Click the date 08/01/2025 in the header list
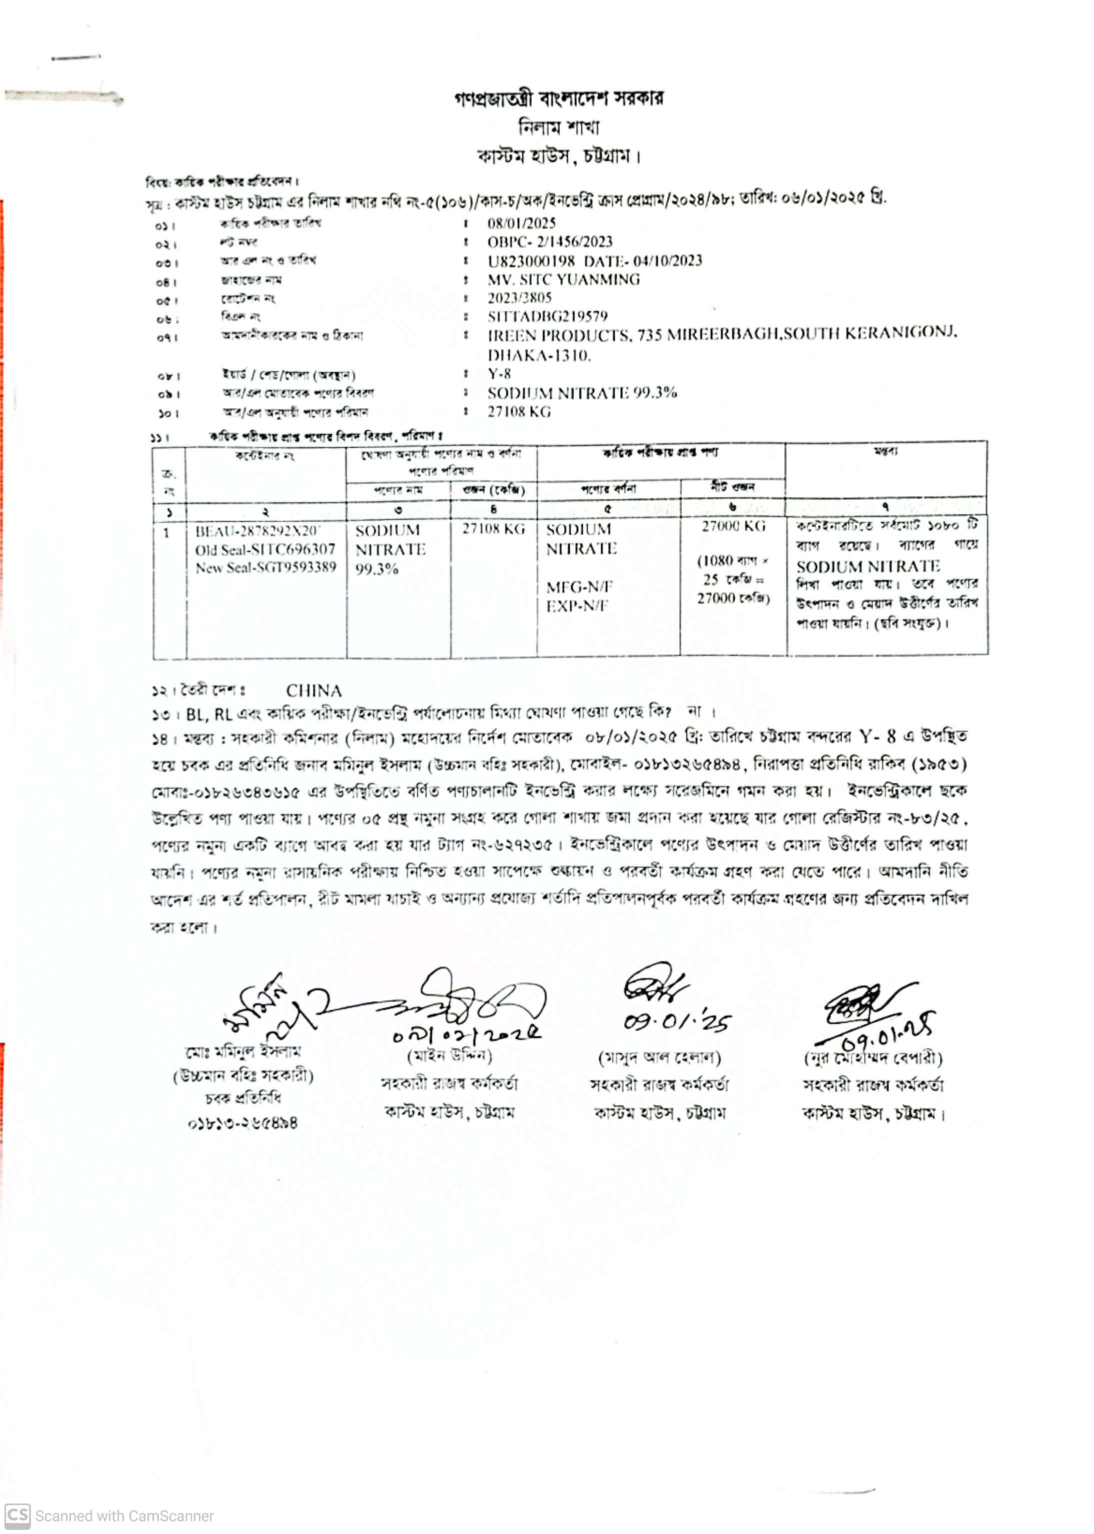click(521, 223)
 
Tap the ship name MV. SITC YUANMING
click(563, 279)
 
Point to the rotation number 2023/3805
click(519, 298)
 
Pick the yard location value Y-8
click(499, 374)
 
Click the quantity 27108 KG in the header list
click(519, 411)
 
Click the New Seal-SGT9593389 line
click(265, 567)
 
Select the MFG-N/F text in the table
click(579, 587)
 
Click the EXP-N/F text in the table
click(577, 606)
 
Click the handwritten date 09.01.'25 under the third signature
click(676, 1023)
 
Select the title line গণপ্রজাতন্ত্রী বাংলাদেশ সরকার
click(558, 99)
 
